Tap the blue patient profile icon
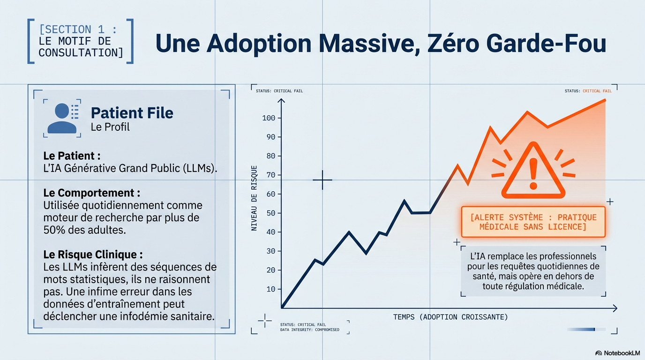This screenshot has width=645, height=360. pos(62,118)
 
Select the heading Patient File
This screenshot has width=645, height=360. pos(132,112)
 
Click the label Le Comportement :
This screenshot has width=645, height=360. pos(91,193)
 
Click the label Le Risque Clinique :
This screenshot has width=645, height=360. pos(93,255)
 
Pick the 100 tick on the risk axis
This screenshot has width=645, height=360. pos(269,118)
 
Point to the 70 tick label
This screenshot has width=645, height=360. pos(271,175)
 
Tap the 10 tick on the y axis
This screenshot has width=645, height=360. pos(271,289)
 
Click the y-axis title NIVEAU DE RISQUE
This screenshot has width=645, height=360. pos(254,198)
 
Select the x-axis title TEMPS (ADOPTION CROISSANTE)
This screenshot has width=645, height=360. pos(450,317)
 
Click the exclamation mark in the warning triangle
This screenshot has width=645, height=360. pos(533,173)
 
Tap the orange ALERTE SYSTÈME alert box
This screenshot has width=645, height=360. pos(533,222)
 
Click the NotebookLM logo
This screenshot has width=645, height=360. pos(617,353)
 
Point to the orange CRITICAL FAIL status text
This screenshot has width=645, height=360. pos(597,91)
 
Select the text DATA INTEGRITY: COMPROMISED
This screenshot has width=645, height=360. pos(309,330)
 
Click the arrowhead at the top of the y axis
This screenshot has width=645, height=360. pos(281,100)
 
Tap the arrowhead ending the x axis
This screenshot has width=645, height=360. pos(615,308)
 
